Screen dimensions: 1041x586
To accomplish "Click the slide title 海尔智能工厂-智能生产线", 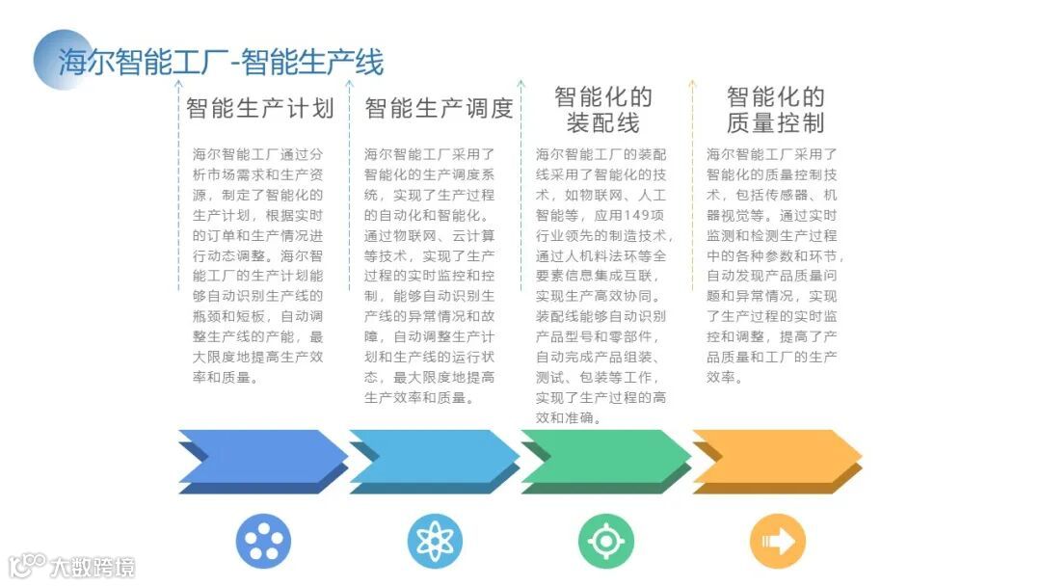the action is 221,62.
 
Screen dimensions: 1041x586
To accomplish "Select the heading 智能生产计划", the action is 259,108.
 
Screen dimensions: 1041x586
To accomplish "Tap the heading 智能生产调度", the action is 439,108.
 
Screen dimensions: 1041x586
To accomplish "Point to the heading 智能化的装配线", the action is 603,110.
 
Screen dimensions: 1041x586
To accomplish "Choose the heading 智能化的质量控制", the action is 775,110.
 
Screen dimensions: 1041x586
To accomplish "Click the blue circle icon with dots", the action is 263,541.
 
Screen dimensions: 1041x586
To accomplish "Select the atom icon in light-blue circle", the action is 434,541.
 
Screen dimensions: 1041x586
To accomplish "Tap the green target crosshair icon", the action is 605,541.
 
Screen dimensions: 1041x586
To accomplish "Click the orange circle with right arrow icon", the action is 777,541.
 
